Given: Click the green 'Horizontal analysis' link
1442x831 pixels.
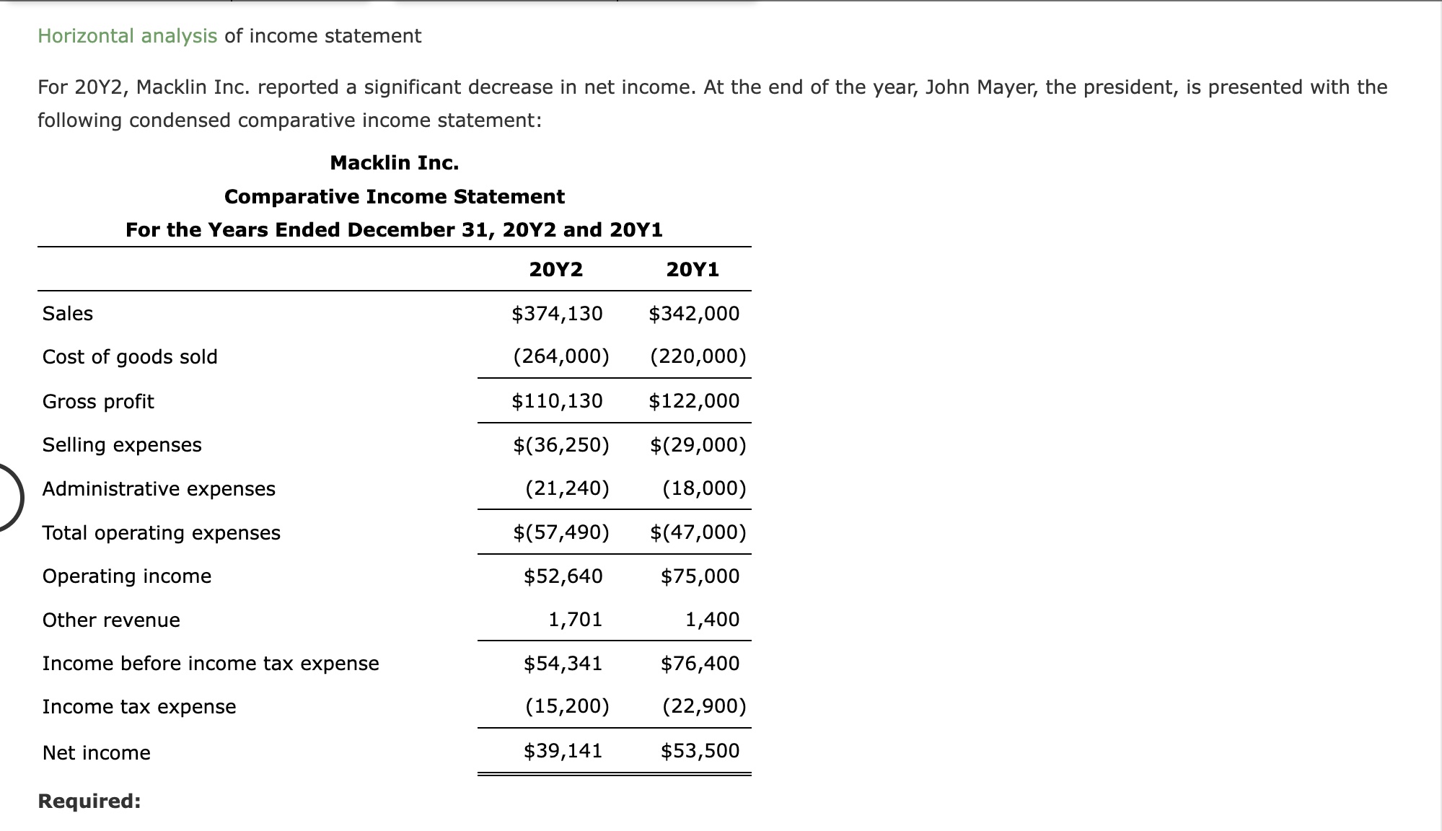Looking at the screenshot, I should (127, 36).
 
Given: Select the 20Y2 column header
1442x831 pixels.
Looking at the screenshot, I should (555, 270).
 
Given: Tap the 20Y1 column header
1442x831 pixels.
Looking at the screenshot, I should (693, 270).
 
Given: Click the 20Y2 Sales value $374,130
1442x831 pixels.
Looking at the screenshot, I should (557, 314).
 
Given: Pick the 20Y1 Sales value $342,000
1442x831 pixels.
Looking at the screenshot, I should (694, 314).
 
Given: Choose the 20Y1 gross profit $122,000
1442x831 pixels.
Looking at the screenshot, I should (694, 401).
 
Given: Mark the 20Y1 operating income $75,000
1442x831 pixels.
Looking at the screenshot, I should (700, 576).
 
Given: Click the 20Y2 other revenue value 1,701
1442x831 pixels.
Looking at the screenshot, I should (575, 620).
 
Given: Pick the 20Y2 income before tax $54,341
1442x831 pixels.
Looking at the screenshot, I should (563, 664).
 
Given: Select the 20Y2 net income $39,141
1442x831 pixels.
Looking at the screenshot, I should (563, 751).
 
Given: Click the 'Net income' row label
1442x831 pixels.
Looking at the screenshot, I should (97, 753).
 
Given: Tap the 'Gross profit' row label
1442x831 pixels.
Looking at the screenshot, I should (98, 402).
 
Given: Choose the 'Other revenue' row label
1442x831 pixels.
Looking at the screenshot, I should (111, 620).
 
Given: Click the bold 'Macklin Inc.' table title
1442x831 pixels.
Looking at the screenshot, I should (395, 163).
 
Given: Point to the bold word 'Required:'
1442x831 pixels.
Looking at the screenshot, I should (89, 801).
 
